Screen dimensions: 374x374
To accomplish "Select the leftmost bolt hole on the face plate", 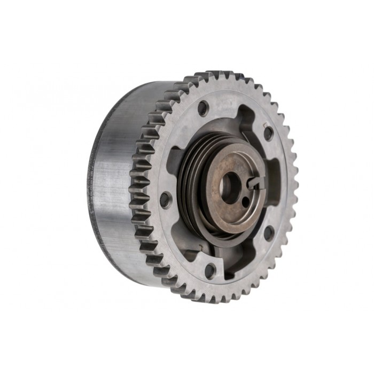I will pos(166,199).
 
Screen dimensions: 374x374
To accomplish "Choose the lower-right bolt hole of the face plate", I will pos(268,233).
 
